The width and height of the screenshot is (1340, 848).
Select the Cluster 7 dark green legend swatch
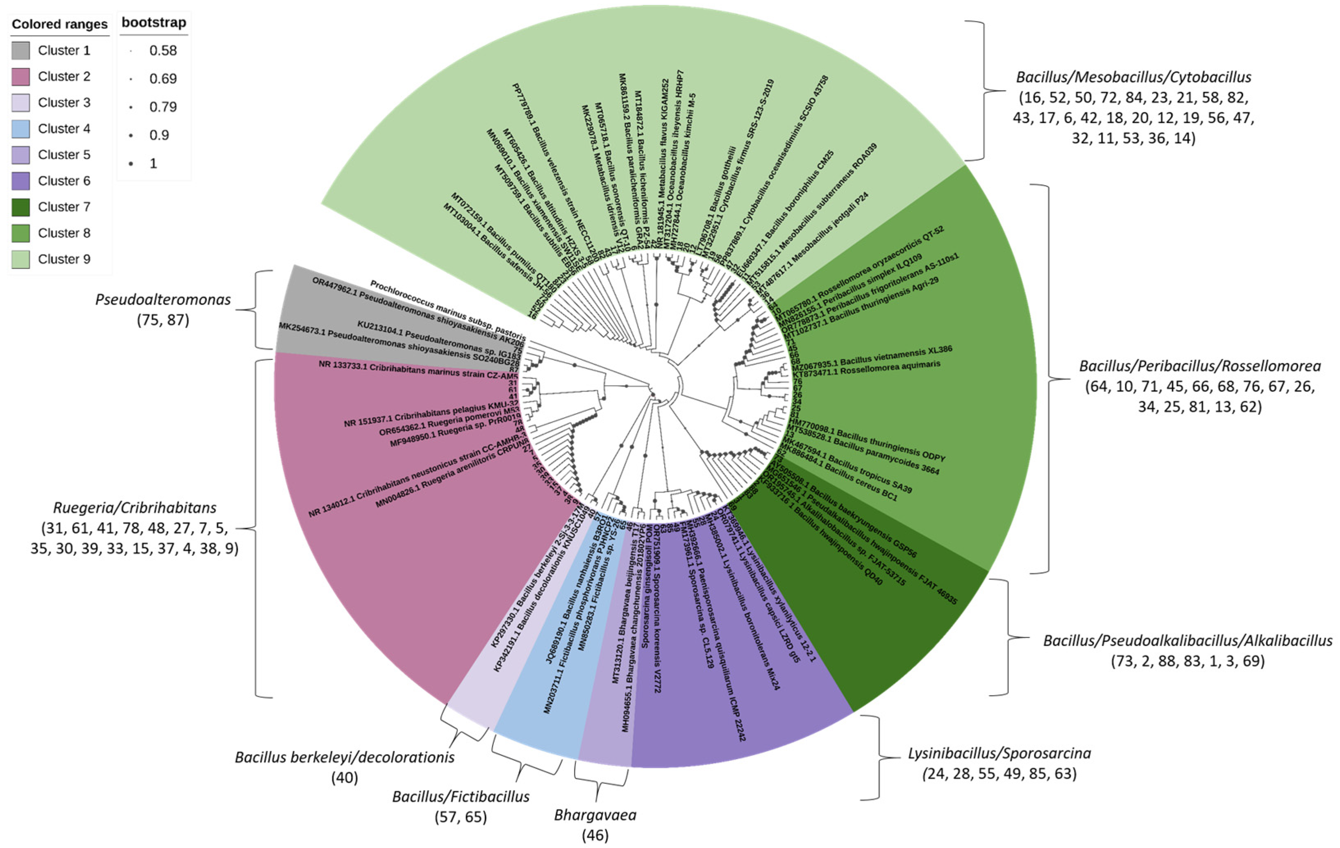20,207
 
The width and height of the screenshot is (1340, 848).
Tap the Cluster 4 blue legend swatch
20,129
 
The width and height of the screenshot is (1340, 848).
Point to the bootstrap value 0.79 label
163,107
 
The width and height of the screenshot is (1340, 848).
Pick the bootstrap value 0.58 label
163,51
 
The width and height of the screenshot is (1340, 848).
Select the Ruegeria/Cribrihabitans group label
135,507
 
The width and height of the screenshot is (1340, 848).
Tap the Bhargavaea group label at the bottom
595,815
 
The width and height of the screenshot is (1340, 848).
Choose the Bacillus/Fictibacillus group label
461,797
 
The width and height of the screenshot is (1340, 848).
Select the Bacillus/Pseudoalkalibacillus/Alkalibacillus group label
1188,641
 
